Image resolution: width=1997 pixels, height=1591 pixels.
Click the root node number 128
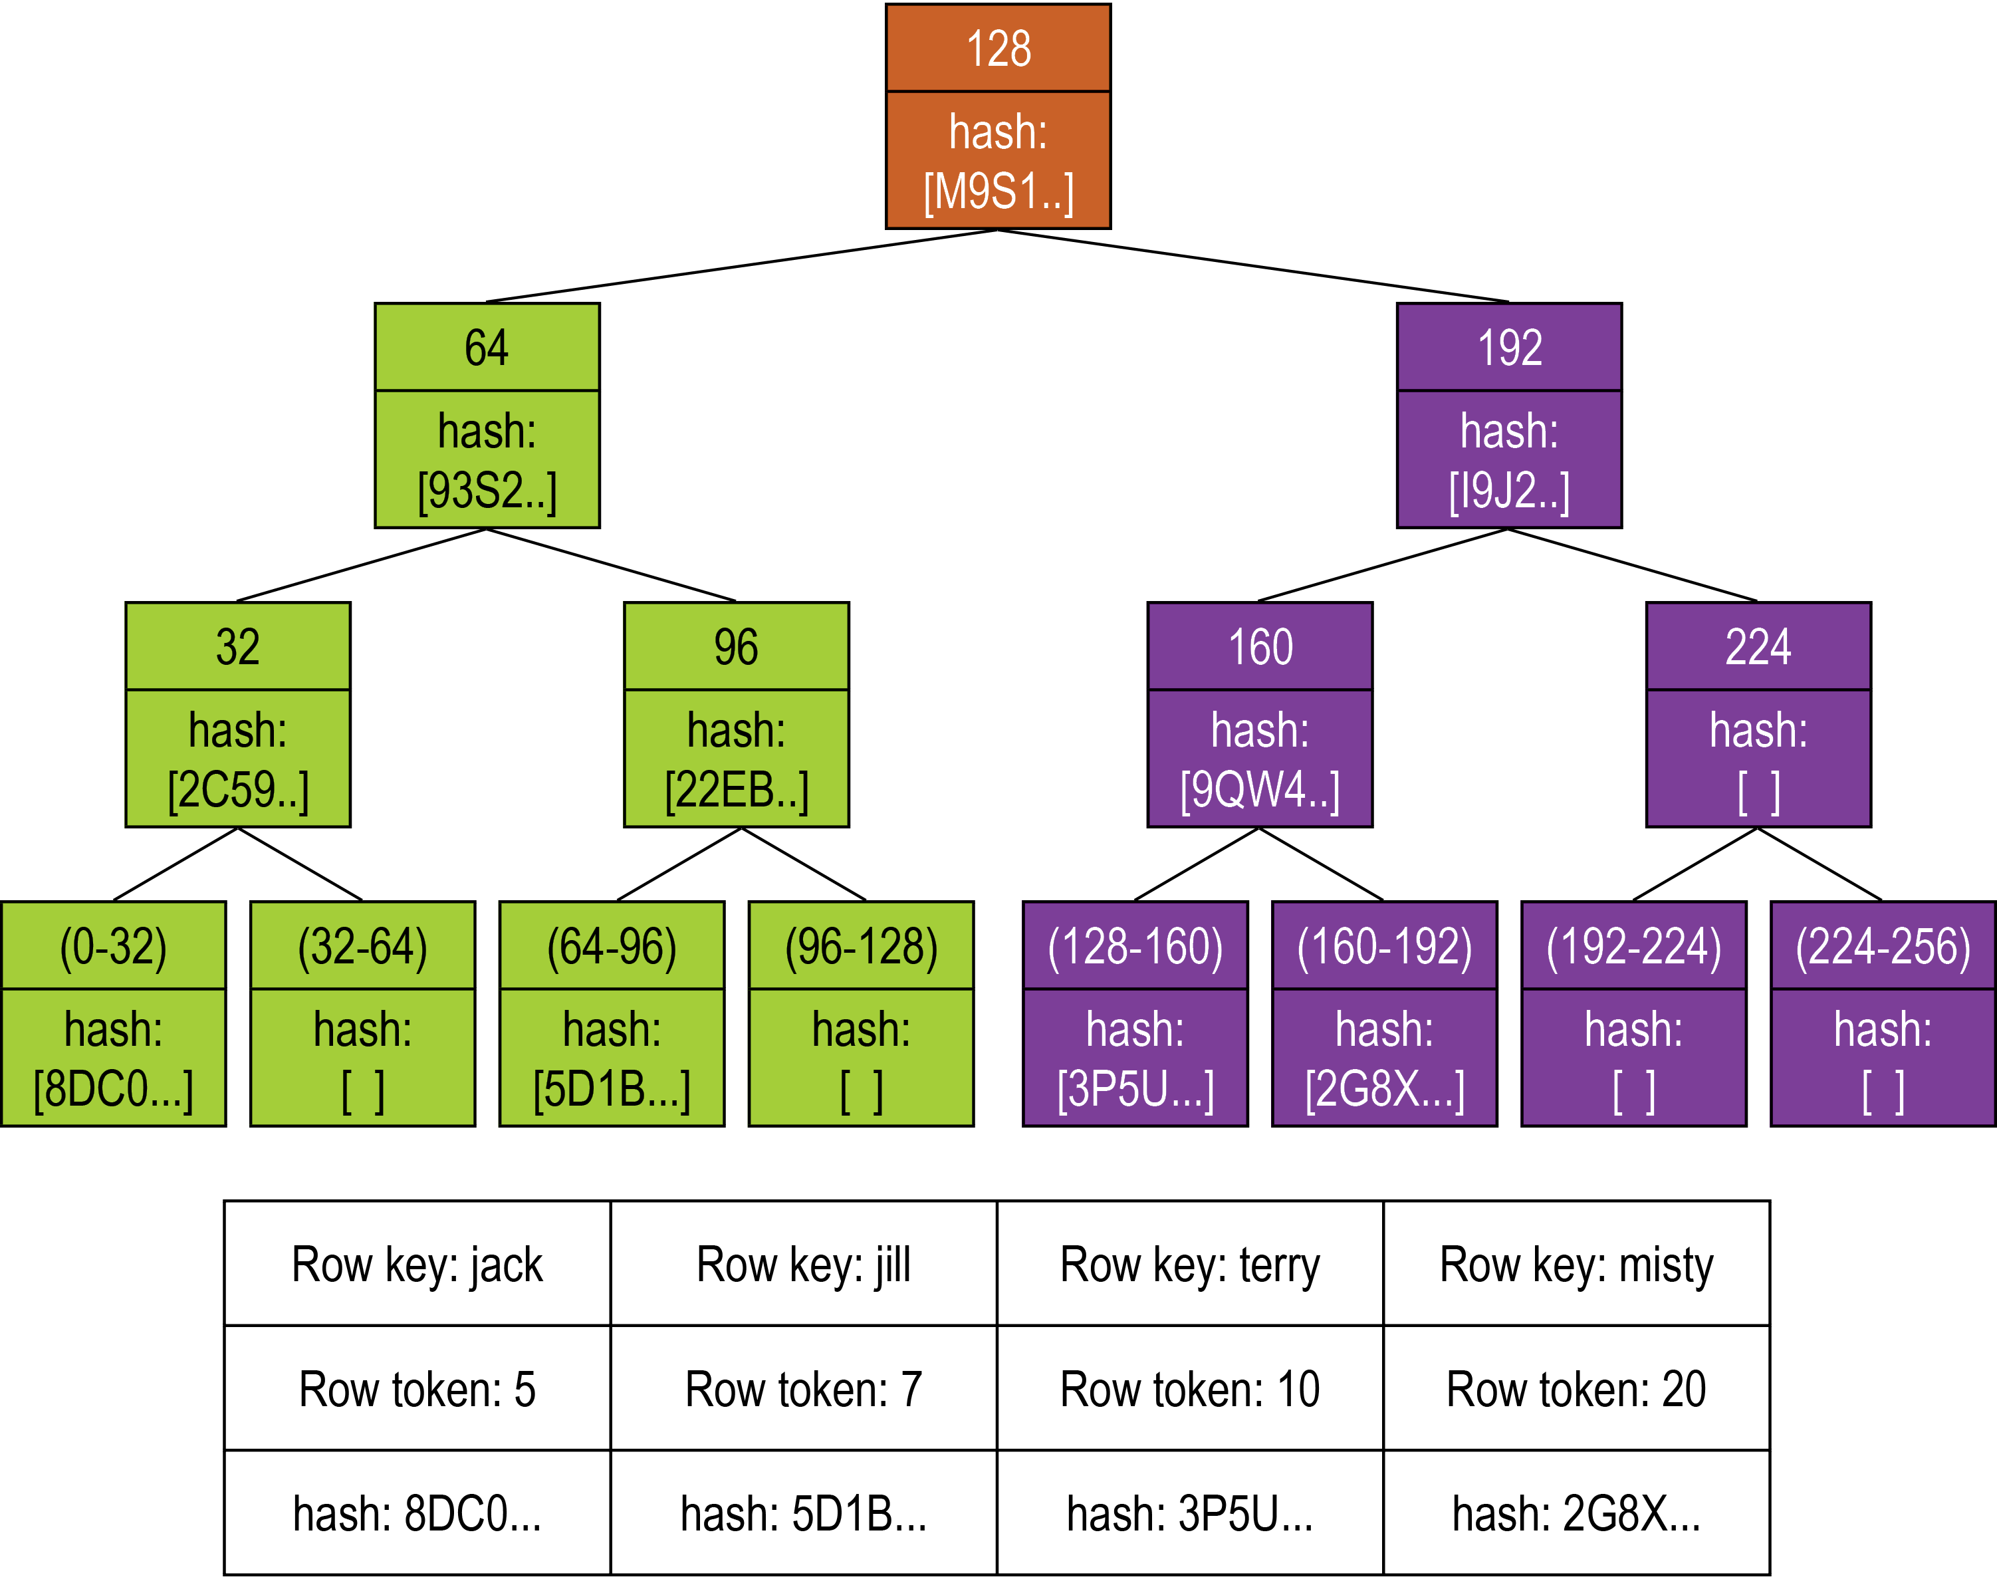click(x=998, y=48)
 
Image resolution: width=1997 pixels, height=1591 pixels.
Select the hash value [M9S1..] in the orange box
click(x=998, y=191)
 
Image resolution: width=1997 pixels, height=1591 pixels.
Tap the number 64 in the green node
click(x=486, y=348)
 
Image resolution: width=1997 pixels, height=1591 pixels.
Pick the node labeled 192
click(x=1509, y=348)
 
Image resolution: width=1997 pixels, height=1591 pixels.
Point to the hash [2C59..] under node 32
click(x=238, y=789)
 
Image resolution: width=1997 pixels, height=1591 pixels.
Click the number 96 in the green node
click(x=737, y=647)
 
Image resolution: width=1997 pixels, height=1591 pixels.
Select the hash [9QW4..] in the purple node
click(x=1260, y=789)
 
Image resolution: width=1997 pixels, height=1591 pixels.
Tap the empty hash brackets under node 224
click(x=1758, y=793)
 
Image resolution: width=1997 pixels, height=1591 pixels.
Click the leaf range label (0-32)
click(x=113, y=946)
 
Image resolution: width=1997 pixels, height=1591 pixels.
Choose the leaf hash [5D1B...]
click(x=612, y=1089)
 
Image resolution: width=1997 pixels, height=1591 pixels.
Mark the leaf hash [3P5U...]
click(x=1135, y=1089)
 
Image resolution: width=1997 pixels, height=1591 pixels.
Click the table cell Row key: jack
click(x=417, y=1265)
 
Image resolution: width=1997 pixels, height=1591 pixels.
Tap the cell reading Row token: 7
click(x=803, y=1389)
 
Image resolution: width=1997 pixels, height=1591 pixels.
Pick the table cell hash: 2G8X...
click(x=1576, y=1514)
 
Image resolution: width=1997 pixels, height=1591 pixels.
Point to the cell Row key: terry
click(x=1189, y=1265)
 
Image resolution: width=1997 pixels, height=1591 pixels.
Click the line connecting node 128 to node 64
click(x=741, y=266)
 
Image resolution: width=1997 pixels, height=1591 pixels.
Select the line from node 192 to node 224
click(x=1633, y=564)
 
